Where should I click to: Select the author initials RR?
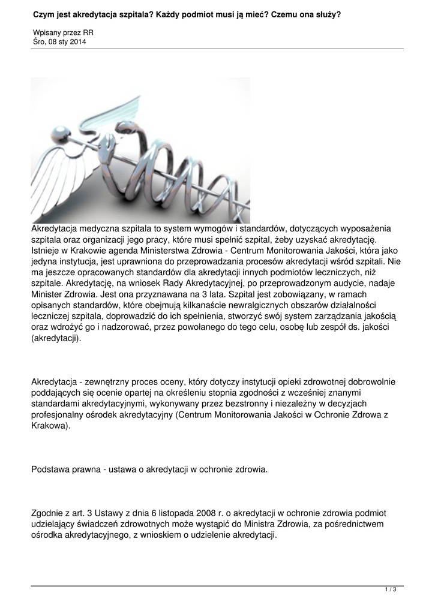coord(88,32)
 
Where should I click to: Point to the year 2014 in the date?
coord(76,41)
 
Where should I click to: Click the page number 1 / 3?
coord(391,590)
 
